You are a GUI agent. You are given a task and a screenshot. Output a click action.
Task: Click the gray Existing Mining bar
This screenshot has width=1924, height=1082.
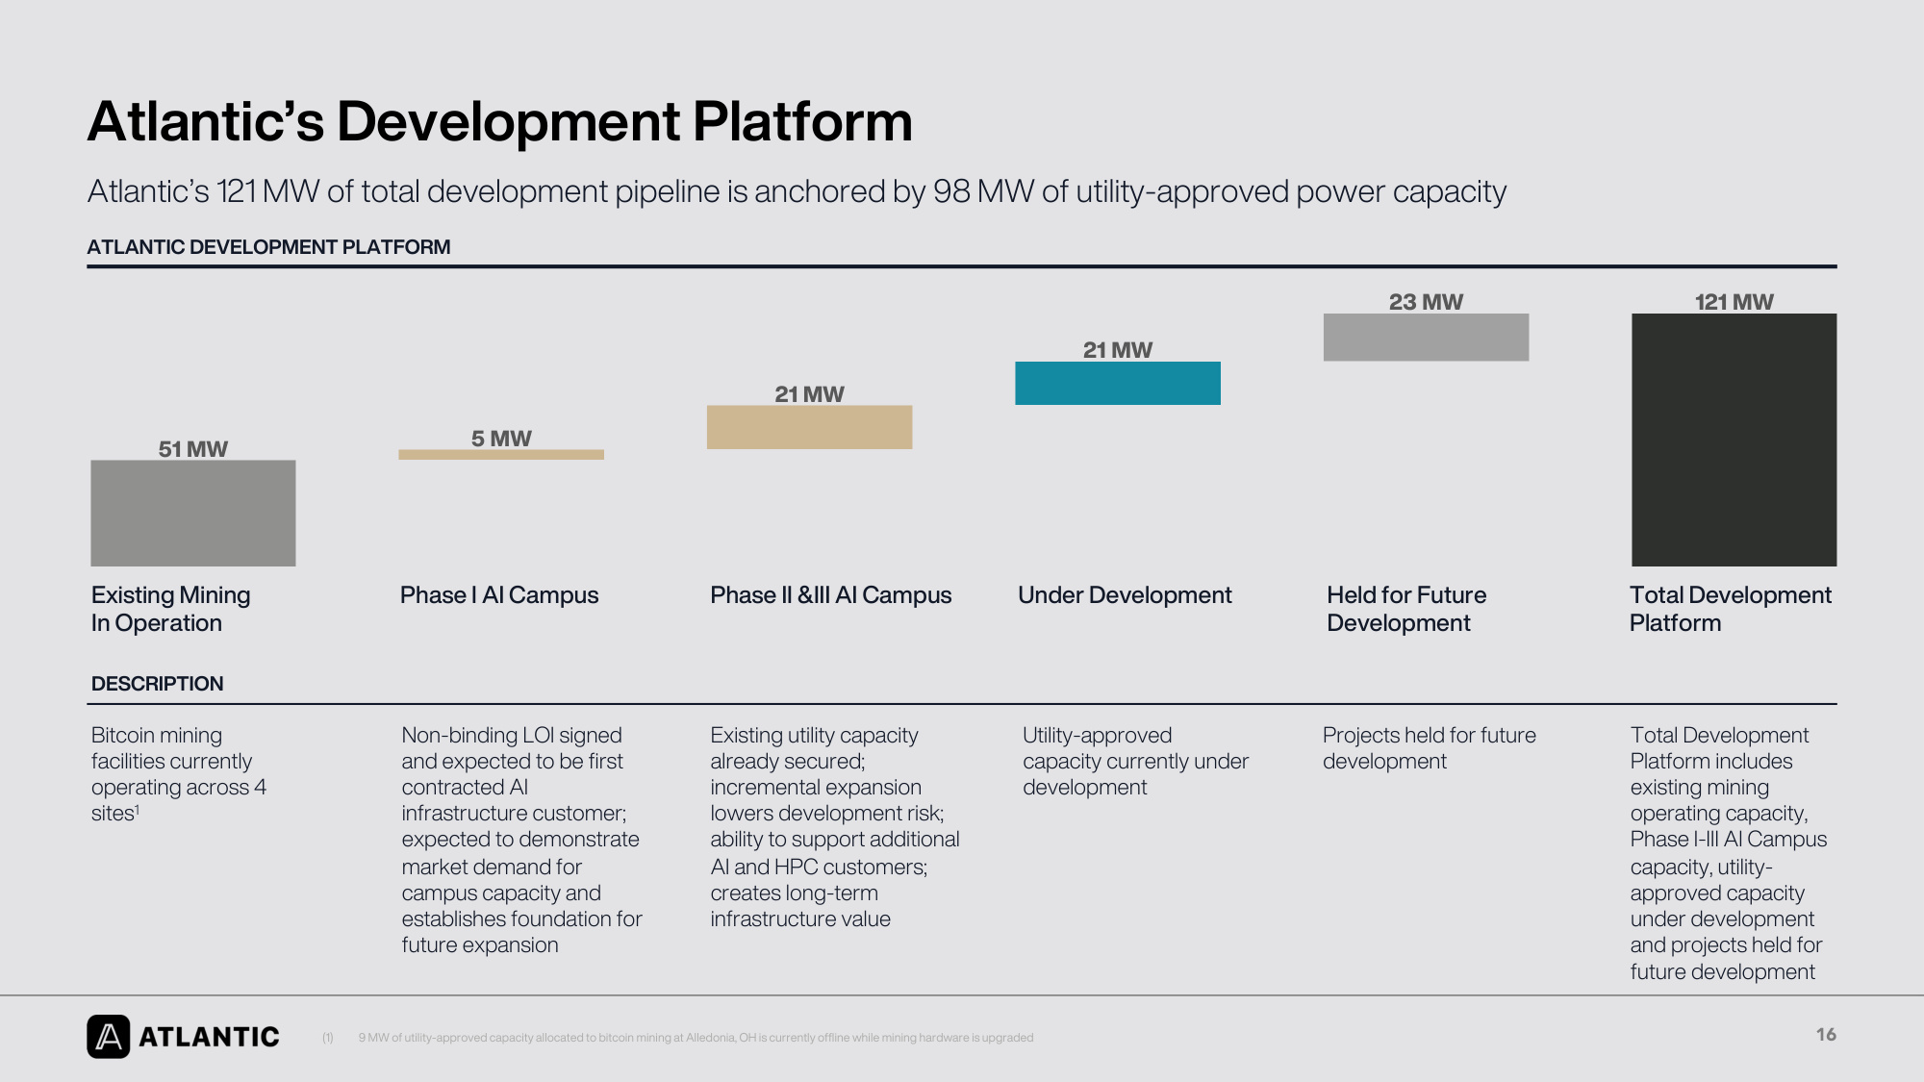[193, 513]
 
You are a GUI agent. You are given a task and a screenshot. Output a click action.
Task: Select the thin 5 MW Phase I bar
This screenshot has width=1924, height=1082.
[501, 455]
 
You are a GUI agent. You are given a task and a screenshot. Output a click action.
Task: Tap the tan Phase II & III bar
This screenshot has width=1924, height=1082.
[809, 427]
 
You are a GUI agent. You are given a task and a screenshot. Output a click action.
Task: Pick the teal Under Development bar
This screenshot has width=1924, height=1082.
[1118, 383]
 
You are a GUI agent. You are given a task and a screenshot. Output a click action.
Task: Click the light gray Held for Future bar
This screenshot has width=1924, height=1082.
[1426, 338]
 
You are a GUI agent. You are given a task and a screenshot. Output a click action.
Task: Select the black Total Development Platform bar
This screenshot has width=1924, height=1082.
[1734, 440]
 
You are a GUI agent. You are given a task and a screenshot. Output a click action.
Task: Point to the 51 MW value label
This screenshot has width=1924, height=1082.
[193, 449]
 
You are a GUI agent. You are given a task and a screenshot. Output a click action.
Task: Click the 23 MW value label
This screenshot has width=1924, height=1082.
[1426, 302]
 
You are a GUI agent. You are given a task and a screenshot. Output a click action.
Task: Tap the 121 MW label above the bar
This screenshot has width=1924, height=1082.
[1734, 302]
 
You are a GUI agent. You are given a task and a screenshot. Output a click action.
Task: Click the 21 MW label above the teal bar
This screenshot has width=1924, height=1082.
[1118, 350]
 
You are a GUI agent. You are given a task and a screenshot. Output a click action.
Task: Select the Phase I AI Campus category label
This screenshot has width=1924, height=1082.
[499, 595]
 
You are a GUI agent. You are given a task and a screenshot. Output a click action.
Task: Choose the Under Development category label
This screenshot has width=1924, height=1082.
[1125, 595]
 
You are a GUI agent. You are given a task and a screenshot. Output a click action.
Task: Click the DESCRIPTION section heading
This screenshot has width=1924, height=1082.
[157, 684]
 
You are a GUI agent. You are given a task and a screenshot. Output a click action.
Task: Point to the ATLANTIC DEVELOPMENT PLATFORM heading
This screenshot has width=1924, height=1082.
[268, 247]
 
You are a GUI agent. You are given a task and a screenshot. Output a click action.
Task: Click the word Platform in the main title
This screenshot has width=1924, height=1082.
[802, 122]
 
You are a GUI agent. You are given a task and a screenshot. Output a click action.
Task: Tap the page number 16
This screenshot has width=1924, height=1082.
[1826, 1035]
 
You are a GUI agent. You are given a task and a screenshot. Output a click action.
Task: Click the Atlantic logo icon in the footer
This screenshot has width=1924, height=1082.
[108, 1037]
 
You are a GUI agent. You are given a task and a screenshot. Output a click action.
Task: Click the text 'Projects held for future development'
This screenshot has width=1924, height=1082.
[1430, 748]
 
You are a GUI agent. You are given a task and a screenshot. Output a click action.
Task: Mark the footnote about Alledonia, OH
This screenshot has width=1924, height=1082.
[696, 1038]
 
